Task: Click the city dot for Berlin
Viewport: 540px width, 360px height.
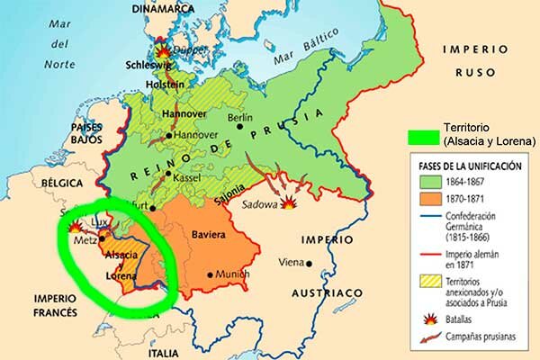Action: [x=240, y=126]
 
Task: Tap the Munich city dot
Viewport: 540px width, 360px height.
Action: [x=210, y=274]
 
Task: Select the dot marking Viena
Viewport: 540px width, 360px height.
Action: [x=309, y=264]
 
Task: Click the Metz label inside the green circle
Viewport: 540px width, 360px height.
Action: [x=86, y=239]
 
